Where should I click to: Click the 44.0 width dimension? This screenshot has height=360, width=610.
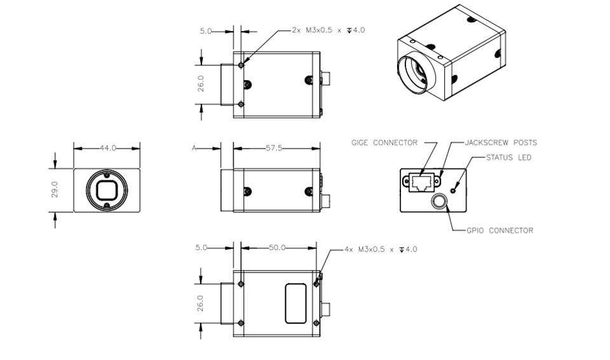108,148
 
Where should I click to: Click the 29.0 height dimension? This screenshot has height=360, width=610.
55,189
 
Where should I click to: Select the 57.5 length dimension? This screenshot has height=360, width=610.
274,148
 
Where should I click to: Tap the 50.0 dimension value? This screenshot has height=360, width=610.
277,248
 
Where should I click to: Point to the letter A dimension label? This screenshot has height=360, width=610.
194,148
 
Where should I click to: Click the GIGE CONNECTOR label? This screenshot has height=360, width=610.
384,143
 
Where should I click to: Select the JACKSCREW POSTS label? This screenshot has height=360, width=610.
501,143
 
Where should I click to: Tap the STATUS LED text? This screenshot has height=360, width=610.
508,157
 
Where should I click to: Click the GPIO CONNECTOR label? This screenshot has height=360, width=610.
500,230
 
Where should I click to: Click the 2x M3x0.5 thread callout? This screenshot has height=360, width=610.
329,30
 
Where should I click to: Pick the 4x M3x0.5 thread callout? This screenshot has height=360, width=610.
381,249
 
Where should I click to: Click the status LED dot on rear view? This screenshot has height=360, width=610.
453,190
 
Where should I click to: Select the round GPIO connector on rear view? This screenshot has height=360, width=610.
439,201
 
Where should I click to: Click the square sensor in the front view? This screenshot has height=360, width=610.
107,190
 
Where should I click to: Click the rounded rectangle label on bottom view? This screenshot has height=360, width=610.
295,303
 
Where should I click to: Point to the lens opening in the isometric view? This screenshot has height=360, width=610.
412,74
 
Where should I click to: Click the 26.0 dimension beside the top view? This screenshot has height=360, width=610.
201,84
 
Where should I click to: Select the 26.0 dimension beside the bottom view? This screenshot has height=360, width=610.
200,303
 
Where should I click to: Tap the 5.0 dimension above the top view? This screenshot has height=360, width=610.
206,30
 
